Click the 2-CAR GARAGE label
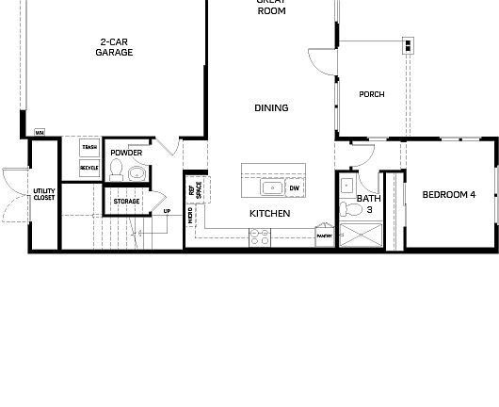tap(114, 47)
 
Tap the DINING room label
tap(271, 108)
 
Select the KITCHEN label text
tap(269, 214)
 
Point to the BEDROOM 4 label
tap(449, 195)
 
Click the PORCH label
tap(372, 94)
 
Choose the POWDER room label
tap(126, 152)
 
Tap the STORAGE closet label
tap(126, 202)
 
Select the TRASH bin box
tap(89, 148)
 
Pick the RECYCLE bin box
tap(89, 168)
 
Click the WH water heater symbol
tap(40, 133)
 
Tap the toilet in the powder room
tap(117, 171)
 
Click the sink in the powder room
tap(137, 172)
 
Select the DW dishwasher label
tap(294, 188)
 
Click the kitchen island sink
tap(271, 187)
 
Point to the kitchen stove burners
tap(260, 238)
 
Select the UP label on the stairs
tap(167, 211)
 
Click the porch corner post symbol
tap(408, 45)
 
